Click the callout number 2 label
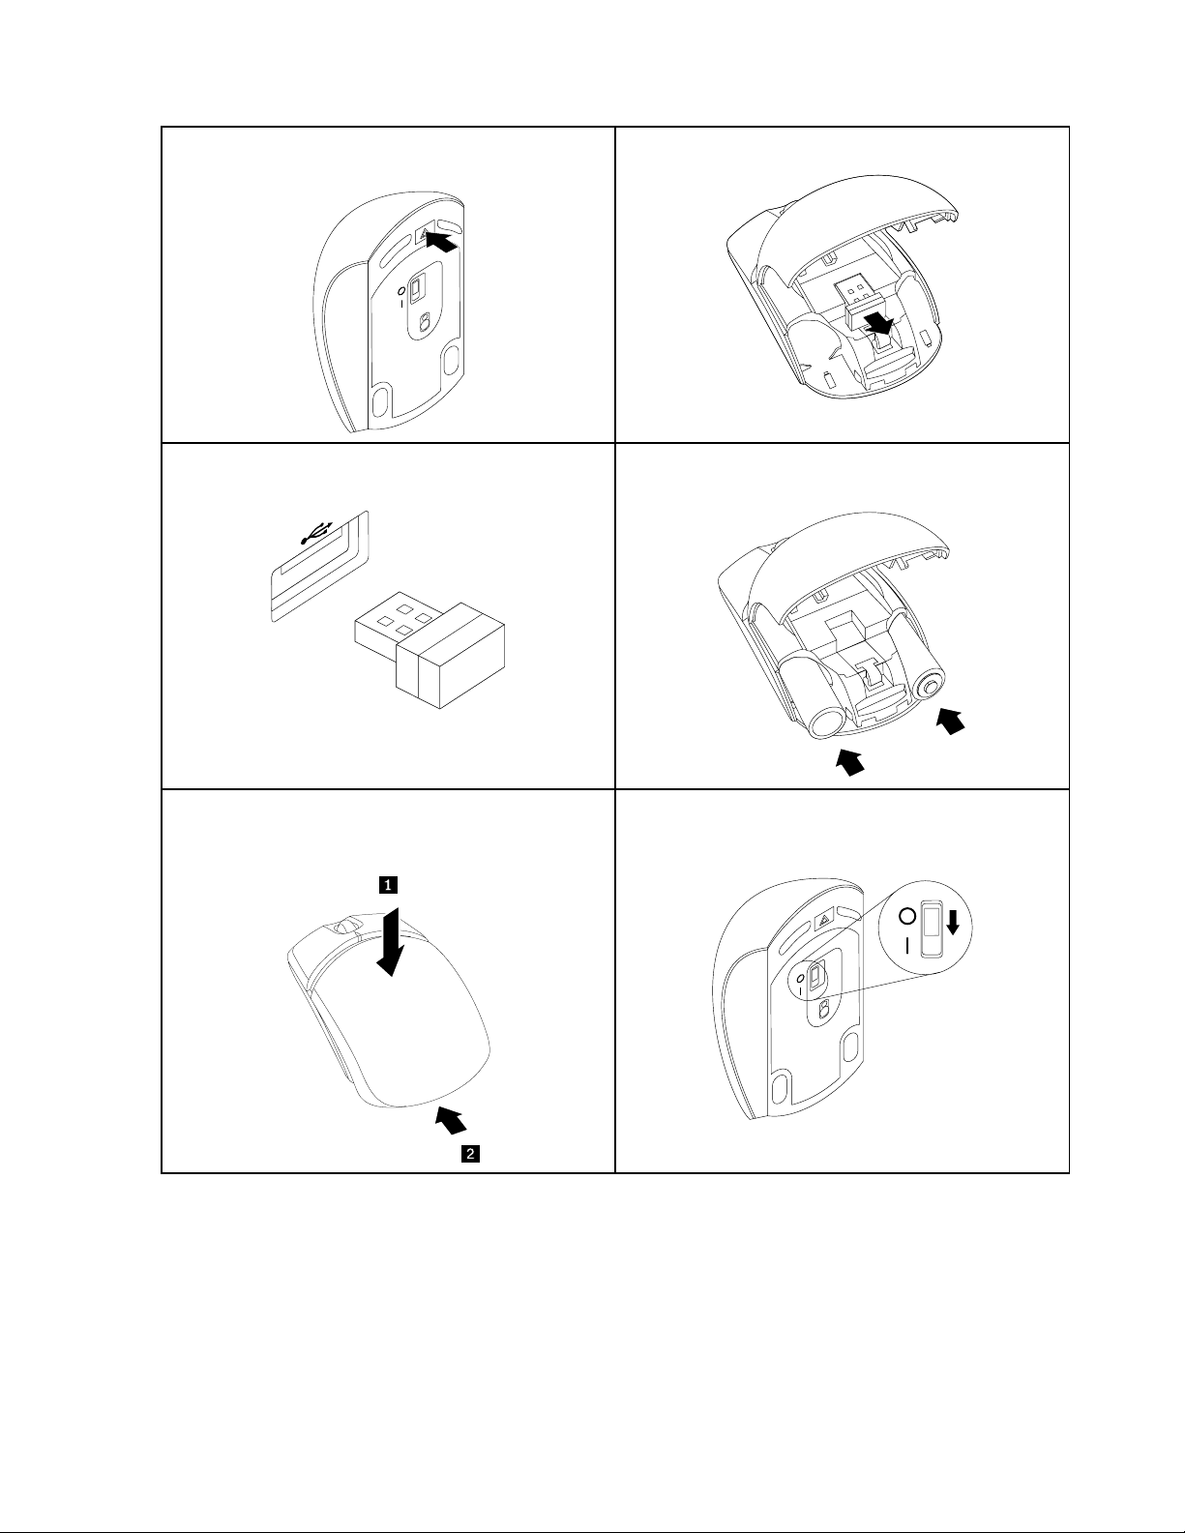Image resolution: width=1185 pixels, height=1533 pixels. click(x=470, y=1153)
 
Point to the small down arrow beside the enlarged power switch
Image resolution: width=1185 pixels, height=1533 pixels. click(x=953, y=923)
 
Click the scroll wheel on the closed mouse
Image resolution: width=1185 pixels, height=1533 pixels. click(x=342, y=927)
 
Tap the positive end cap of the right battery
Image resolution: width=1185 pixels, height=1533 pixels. click(x=931, y=686)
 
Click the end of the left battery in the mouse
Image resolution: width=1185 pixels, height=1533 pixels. click(x=824, y=722)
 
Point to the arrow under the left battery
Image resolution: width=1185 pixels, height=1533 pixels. click(x=849, y=762)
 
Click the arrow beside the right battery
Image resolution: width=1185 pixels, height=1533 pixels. click(x=951, y=721)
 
